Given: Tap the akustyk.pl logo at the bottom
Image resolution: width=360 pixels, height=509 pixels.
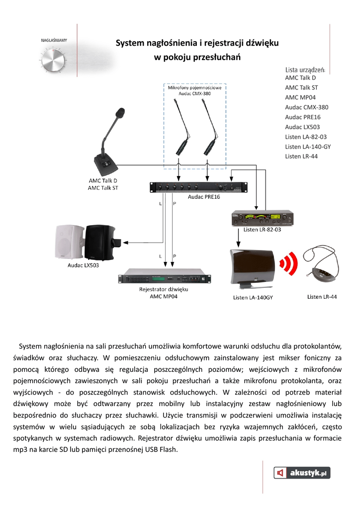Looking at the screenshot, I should tap(302, 473).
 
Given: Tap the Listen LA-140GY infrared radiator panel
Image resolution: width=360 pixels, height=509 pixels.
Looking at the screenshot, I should tap(253, 270).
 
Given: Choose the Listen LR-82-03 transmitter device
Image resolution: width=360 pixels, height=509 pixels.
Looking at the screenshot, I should tap(261, 218).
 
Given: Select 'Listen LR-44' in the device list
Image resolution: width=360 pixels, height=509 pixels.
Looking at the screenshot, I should tap(301, 157).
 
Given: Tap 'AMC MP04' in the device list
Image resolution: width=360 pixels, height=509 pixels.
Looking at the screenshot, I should tap(300, 97).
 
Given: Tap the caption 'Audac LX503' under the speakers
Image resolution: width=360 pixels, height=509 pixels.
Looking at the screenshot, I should tap(83, 265).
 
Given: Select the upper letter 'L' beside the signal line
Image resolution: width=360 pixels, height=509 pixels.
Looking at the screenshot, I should tap(160, 204).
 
